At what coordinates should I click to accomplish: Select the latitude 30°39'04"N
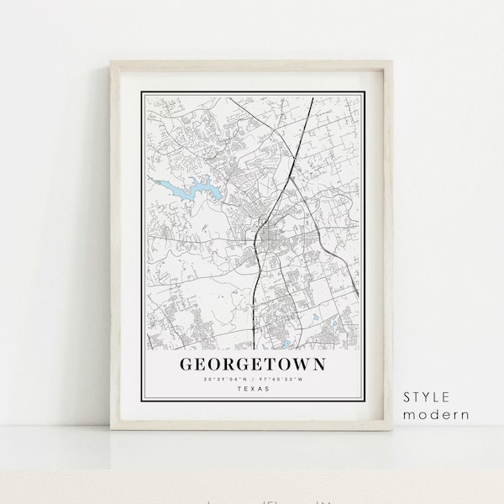click(223, 379)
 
